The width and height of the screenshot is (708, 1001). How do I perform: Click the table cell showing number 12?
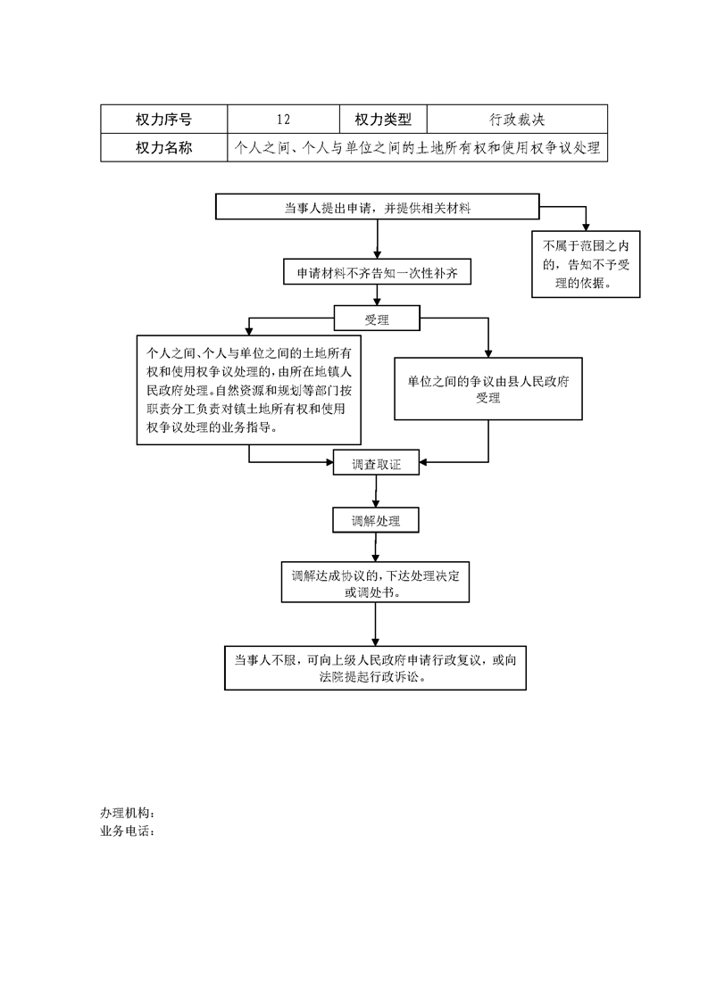283,120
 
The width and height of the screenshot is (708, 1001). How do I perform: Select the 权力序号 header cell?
163,120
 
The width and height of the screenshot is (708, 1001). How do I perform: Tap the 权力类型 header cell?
383,120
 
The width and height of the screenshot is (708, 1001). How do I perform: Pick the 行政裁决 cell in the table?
517,120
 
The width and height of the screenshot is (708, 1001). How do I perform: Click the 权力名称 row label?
163,147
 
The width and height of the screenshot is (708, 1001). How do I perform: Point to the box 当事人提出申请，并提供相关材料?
377,207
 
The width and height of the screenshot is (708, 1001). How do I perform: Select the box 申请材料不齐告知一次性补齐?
377,273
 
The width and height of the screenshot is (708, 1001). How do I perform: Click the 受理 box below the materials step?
377,318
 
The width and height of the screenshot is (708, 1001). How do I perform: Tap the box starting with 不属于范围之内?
586,264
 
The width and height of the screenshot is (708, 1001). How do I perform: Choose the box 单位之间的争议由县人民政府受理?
488,389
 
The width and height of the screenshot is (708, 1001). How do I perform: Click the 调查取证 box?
377,463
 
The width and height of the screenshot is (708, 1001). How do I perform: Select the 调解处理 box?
376,520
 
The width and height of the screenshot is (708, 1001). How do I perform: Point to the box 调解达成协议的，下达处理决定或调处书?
375,583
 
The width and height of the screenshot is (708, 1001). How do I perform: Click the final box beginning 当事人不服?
375,667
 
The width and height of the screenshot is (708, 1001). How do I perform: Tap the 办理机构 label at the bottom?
128,813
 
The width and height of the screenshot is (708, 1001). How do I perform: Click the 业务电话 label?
128,831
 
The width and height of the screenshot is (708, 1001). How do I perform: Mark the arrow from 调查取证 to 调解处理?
376,491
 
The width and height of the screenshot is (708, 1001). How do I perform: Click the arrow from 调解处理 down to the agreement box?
375,547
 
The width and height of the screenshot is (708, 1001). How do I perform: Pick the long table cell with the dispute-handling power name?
417,147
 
